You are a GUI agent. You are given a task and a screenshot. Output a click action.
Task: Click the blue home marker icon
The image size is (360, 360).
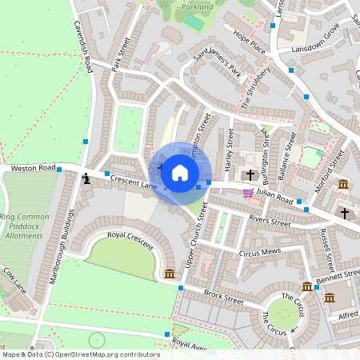pyautogui.click(x=180, y=173)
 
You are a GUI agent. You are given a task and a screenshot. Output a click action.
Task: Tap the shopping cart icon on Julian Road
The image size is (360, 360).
pyautogui.click(x=248, y=193)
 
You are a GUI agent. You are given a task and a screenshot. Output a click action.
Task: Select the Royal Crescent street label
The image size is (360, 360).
pyautogui.click(x=118, y=235)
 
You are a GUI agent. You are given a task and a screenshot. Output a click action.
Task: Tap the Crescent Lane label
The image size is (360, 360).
pyautogui.click(x=134, y=183)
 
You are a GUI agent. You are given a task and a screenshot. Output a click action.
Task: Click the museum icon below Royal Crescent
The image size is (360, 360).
pyautogui.click(x=170, y=274)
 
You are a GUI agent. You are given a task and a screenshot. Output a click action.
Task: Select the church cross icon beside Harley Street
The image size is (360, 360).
pyautogui.click(x=250, y=174)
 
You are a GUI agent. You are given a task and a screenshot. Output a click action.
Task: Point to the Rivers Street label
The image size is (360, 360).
pyautogui.click(x=270, y=221)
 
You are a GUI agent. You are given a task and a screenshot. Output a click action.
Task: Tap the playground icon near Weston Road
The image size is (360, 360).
pyautogui.click(x=86, y=178)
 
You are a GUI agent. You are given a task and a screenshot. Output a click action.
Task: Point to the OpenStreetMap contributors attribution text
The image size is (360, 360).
pyautogui.click(x=80, y=354)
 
